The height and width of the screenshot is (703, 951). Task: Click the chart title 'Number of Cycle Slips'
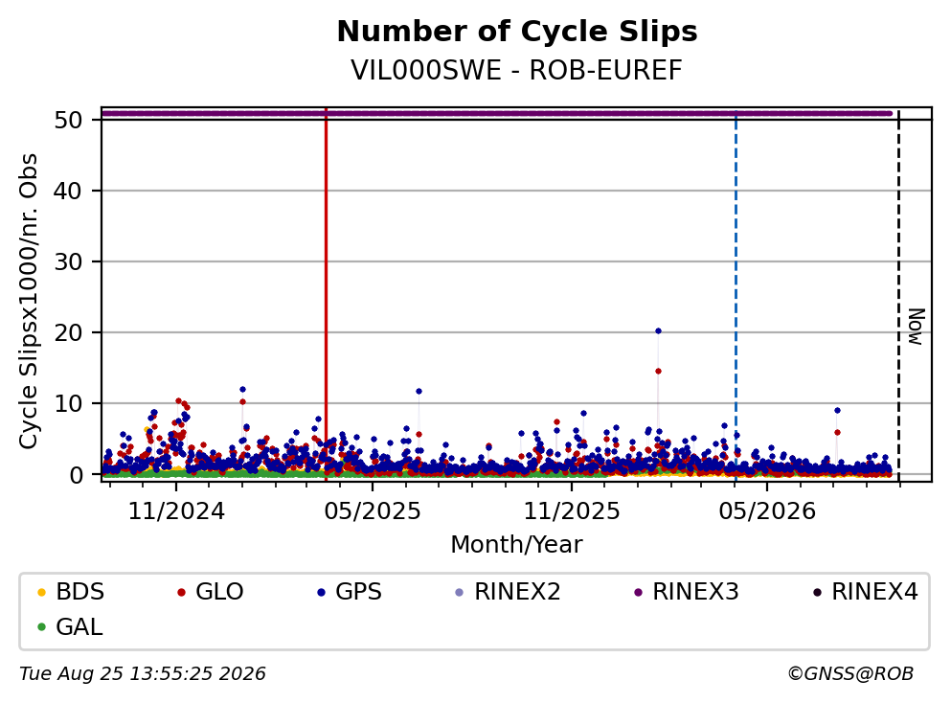[x=517, y=32]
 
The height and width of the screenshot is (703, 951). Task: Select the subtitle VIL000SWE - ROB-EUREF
[x=517, y=70]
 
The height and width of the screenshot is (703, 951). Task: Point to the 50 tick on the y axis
[x=68, y=120]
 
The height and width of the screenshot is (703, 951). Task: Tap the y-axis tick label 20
[x=68, y=332]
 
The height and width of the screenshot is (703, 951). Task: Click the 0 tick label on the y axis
[x=76, y=475]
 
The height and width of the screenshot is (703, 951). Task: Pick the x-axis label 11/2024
[x=176, y=511]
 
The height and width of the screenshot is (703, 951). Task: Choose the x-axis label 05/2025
[x=373, y=511]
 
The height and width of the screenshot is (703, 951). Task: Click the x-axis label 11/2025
[x=572, y=511]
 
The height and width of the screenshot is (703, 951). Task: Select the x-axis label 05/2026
[x=767, y=511]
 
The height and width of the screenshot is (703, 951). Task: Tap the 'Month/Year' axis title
[x=517, y=545]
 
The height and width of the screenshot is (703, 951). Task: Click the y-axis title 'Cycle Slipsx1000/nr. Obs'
[x=29, y=302]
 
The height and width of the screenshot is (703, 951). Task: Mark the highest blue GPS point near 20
[x=658, y=331]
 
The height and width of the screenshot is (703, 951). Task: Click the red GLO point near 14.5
[x=658, y=372]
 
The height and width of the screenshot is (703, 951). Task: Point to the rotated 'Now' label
[x=917, y=327]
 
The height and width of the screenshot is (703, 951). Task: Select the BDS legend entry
[x=71, y=591]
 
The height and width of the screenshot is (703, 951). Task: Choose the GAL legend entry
[x=70, y=626]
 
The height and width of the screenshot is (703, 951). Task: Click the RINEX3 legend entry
[x=687, y=591]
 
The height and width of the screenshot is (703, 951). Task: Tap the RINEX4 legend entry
[x=866, y=591]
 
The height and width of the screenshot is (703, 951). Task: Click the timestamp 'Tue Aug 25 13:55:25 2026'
[x=143, y=674]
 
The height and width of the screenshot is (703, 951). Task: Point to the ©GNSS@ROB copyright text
[x=850, y=674]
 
